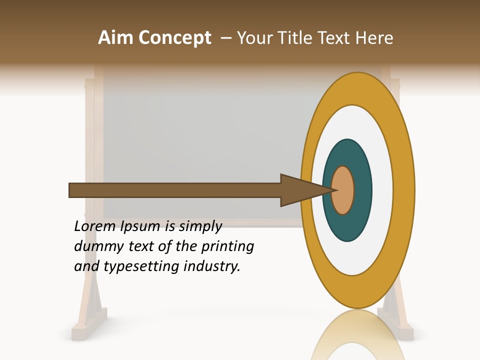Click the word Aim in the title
pos(116,38)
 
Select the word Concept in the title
pos(174,38)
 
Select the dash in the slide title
pos(225,38)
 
